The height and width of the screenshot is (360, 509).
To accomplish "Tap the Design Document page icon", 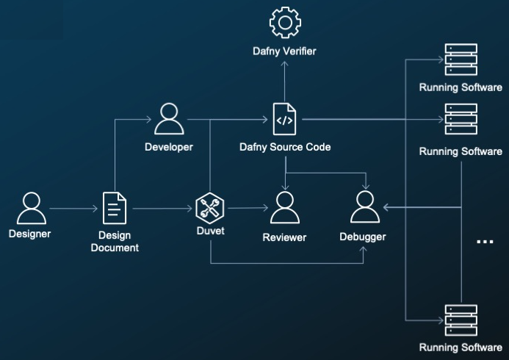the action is tap(115, 208).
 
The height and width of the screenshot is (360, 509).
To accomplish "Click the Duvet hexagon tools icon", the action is tap(210, 208).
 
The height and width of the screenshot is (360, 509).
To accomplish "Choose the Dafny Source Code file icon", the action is tap(284, 119).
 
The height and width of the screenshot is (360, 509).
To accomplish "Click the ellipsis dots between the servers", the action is tap(485, 242).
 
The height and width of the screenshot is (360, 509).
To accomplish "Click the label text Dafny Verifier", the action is tap(284, 51).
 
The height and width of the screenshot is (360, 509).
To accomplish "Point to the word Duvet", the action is tap(210, 231).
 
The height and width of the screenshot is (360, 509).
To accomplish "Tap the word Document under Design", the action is tap(115, 248).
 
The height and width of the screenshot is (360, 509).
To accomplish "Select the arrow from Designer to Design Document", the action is tap(73, 209).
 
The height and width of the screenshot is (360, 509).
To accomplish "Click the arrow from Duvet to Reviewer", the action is tap(248, 208).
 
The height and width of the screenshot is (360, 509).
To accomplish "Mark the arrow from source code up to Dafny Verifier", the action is tap(285, 81).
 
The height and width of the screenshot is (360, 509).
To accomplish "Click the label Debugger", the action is tap(363, 237).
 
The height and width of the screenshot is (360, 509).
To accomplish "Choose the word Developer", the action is tap(169, 147).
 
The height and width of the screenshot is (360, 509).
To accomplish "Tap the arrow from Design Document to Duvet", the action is tap(162, 209).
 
